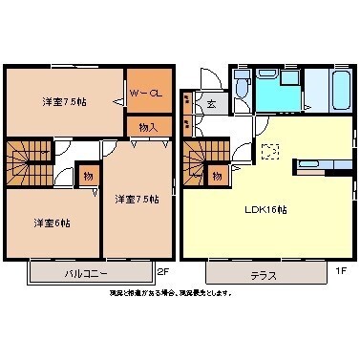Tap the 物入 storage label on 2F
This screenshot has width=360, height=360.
point(149,126)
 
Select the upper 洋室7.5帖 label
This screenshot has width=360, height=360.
point(58,101)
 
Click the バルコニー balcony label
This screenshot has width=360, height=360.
point(85,273)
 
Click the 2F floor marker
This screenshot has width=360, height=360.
point(162,270)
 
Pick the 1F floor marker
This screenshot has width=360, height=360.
point(341,270)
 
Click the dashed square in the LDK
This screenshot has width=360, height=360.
point(269,150)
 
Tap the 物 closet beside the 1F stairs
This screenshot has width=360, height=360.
point(218,176)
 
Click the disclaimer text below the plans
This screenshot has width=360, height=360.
point(170,292)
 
